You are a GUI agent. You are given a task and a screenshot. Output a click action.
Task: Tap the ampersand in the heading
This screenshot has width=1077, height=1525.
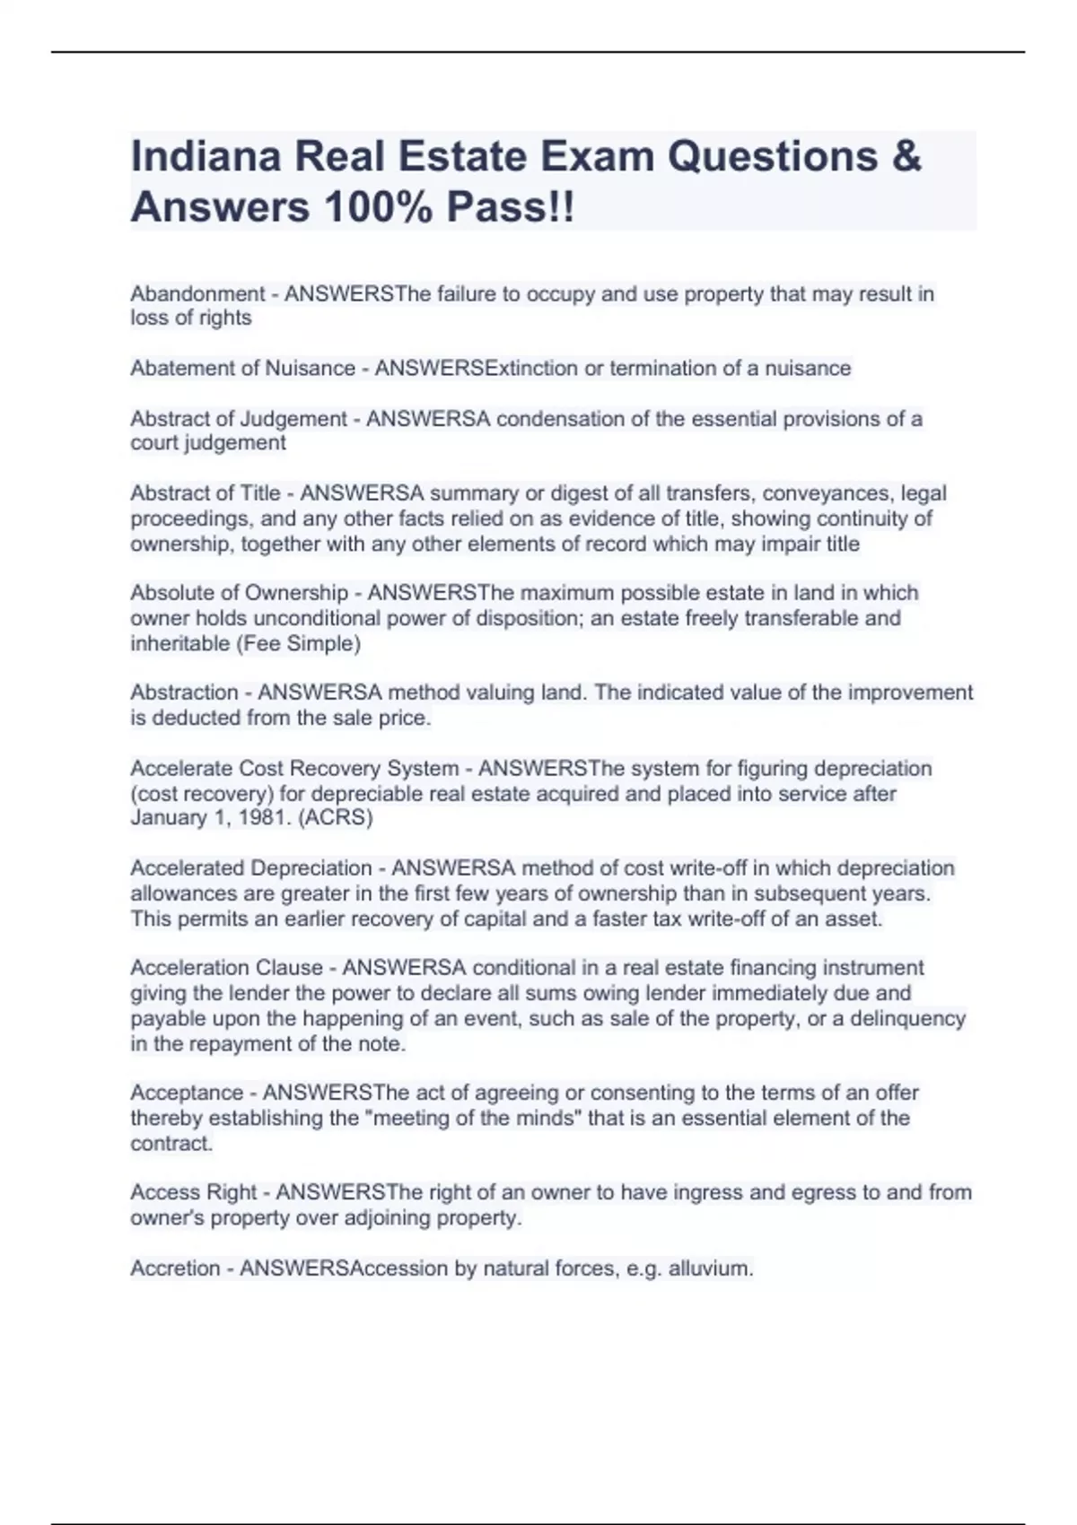(x=906, y=157)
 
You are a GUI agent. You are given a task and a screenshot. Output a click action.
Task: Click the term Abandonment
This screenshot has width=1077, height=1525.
(x=197, y=294)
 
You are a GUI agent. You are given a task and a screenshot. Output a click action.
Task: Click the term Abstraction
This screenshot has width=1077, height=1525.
(x=184, y=693)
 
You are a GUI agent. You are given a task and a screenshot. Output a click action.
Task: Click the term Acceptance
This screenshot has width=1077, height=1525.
(x=186, y=1093)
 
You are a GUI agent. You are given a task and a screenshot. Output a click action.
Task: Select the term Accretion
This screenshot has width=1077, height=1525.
(x=175, y=1268)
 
